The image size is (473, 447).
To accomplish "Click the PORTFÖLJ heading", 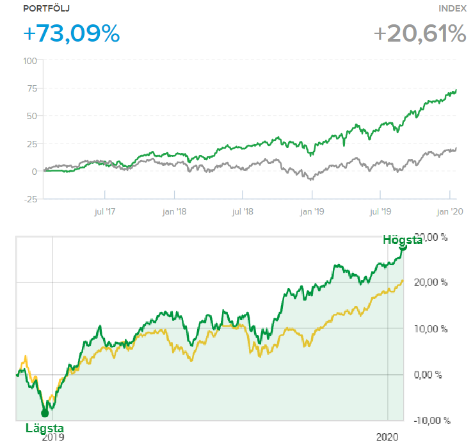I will tap(47, 8).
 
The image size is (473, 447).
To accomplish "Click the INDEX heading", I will tap(452, 8).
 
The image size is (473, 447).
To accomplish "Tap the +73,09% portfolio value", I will tap(71, 33).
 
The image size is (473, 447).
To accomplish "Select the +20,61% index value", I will tap(420, 33).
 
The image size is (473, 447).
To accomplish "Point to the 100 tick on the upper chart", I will tap(29, 61).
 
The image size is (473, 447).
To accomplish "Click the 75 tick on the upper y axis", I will tap(31, 88).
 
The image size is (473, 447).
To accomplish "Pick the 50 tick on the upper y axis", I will tap(31, 116).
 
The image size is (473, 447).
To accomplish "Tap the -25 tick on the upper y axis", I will tap(30, 199).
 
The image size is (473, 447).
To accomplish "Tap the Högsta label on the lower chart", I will tap(403, 240).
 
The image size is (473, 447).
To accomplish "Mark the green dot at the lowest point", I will tap(45, 413).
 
